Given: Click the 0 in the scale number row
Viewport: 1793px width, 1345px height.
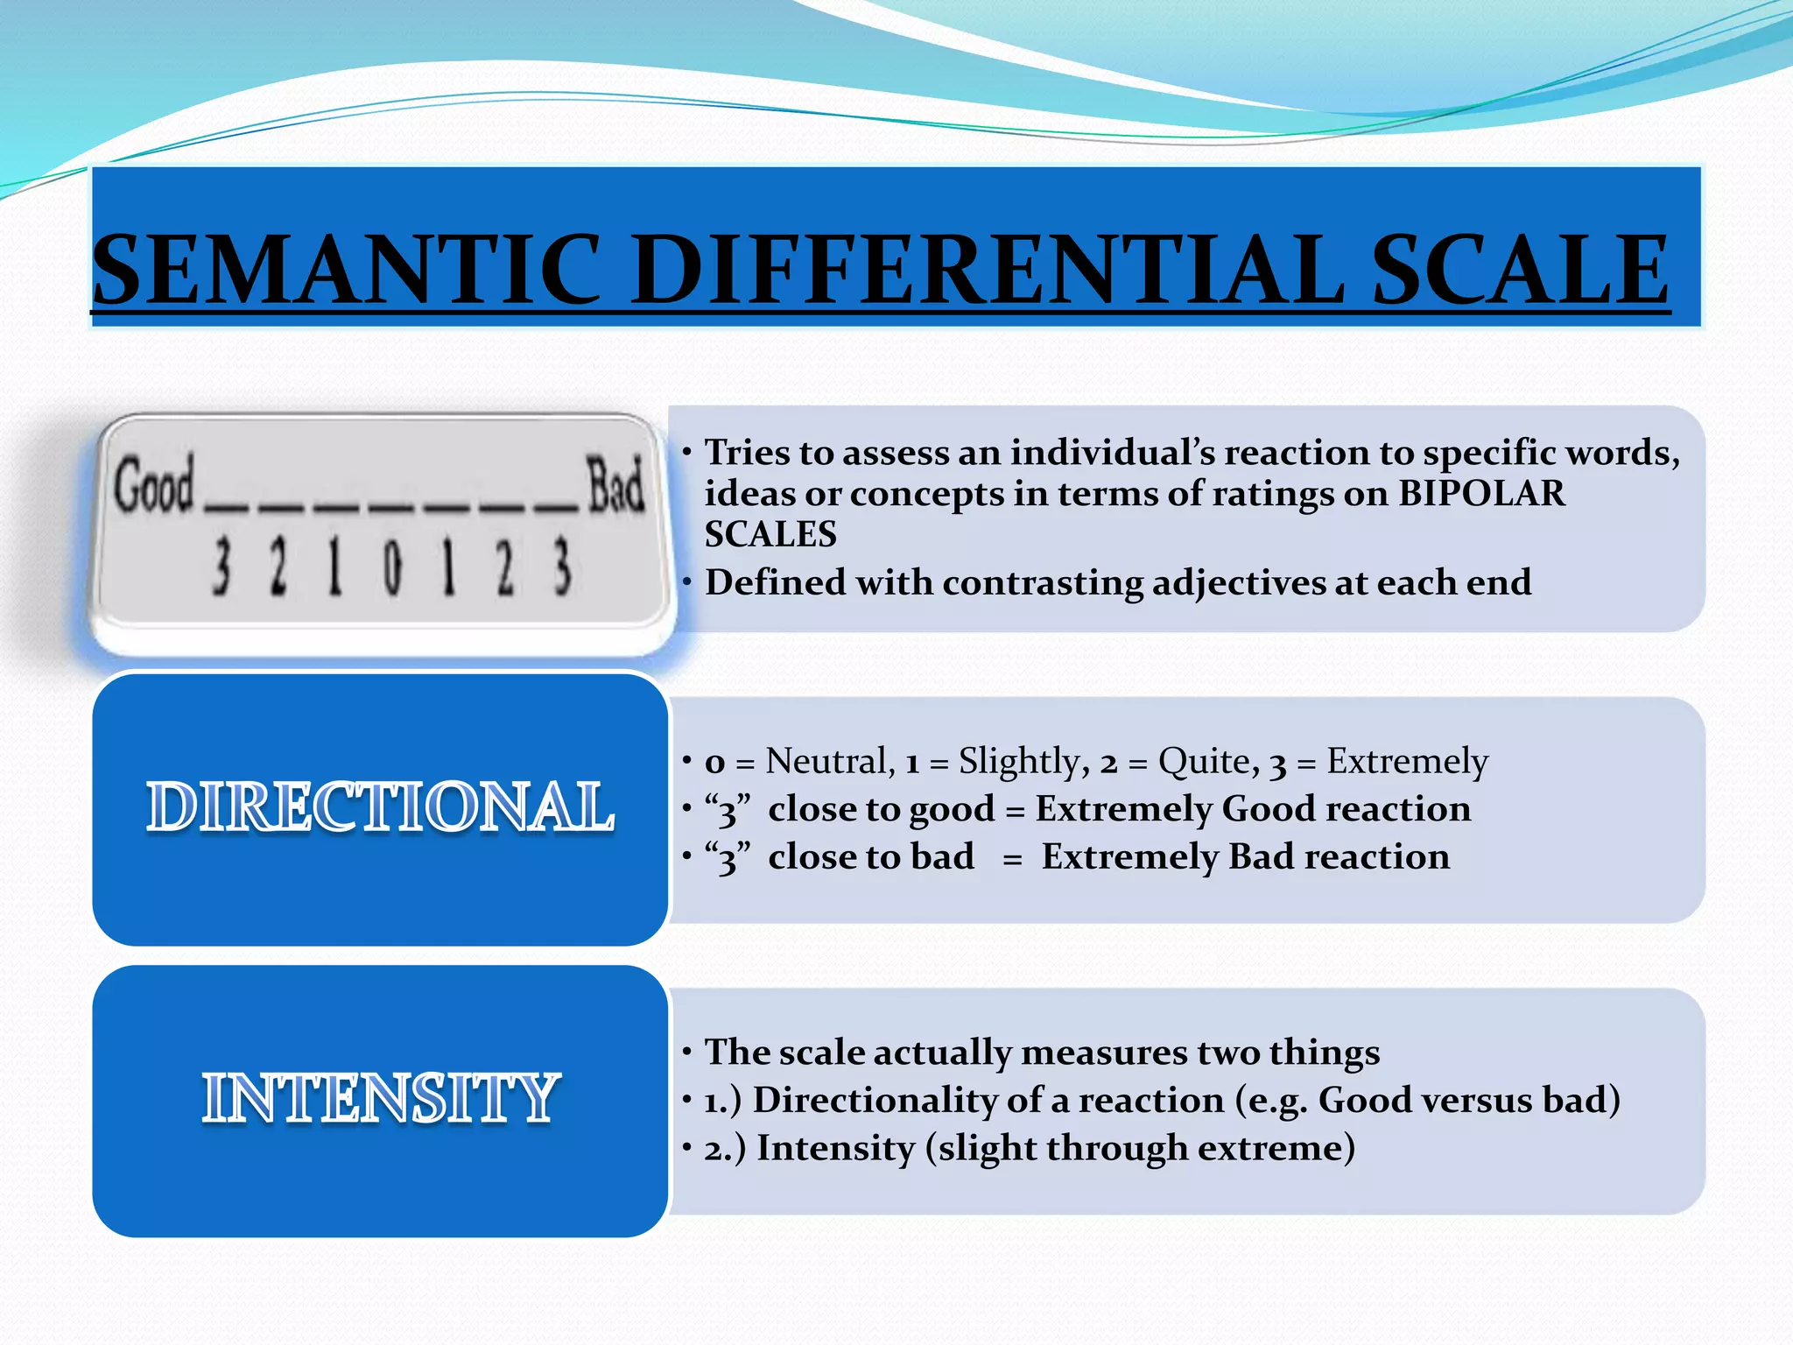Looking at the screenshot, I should (x=392, y=568).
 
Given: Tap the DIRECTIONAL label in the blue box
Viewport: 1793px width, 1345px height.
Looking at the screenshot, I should (x=380, y=807).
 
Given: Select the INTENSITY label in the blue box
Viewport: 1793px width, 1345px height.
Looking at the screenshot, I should (x=380, y=1098).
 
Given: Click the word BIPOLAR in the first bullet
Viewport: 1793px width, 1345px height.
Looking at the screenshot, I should (x=1481, y=493).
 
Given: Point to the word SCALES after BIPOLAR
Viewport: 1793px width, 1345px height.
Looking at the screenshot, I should (x=770, y=534).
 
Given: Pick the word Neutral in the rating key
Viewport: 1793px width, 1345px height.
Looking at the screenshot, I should (x=829, y=761).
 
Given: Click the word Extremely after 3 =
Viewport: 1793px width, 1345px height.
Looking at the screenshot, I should (x=1407, y=761).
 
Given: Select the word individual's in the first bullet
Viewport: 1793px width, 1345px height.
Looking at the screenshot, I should (x=1086, y=453).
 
